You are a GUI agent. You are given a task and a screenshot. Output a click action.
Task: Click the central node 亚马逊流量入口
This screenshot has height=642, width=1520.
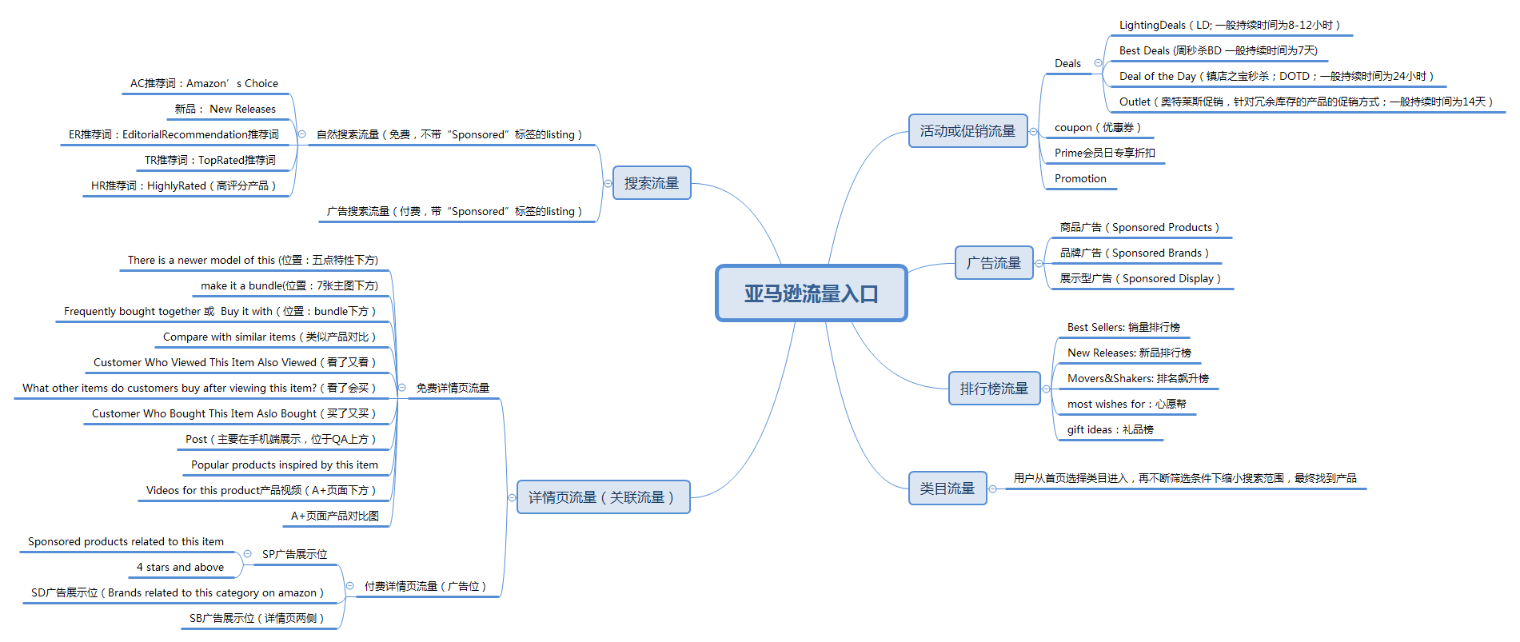pos(811,293)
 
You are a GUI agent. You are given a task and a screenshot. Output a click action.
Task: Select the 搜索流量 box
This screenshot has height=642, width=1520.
pos(651,183)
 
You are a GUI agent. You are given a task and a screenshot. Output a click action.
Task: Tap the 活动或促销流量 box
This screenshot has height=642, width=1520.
pos(967,131)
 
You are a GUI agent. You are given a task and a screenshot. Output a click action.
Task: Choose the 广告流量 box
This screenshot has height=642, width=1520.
pos(994,263)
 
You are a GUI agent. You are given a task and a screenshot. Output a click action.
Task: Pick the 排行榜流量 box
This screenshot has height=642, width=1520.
pos(994,389)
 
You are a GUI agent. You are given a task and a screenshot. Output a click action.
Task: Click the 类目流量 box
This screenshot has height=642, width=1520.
pos(947,488)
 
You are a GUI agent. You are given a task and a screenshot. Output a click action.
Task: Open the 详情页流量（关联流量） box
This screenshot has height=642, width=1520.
pos(603,497)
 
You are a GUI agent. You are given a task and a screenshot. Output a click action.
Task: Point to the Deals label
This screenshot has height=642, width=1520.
pos(1067,64)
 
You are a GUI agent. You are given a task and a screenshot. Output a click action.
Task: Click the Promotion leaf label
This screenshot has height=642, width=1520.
pos(1080,179)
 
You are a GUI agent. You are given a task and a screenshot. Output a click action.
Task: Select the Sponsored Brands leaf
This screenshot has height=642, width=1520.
pos(1134,253)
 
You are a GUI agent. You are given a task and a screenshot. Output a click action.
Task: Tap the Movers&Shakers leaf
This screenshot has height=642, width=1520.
pos(1138,379)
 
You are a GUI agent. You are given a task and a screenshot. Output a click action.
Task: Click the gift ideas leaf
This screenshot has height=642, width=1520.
pos(1110,430)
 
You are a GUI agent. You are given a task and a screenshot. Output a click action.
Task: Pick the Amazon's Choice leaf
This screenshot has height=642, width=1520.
pos(204,84)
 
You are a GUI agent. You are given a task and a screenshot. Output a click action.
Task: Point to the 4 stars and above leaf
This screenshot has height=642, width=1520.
pos(180,568)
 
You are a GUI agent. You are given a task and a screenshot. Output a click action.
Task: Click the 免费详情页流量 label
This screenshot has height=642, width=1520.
pos(453,389)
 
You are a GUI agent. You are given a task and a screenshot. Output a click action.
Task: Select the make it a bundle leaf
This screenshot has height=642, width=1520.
pos(289,286)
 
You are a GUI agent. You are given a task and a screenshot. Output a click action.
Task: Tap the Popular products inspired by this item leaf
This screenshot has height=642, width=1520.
pos(284,465)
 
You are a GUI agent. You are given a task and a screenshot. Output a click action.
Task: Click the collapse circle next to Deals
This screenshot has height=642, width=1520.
pos(1098,63)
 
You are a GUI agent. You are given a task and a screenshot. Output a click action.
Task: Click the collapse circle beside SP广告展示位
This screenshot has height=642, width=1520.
pos(248,554)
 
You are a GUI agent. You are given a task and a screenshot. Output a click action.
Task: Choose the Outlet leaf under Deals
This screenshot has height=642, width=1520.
pos(1306,102)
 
